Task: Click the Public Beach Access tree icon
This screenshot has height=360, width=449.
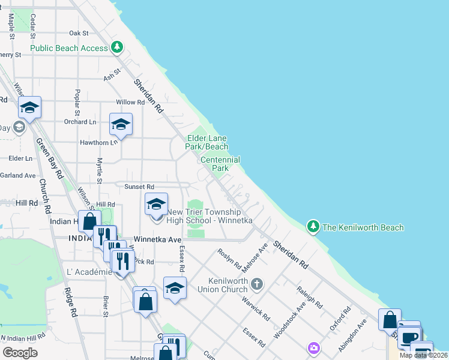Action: click(118, 47)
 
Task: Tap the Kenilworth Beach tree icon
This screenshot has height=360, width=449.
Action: click(312, 227)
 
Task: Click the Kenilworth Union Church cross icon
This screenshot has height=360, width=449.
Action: click(257, 283)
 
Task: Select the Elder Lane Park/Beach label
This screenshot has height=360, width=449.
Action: click(207, 142)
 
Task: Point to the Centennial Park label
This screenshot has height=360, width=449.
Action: click(220, 164)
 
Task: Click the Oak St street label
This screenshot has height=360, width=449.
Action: click(79, 33)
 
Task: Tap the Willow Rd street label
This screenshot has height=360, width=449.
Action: click(130, 102)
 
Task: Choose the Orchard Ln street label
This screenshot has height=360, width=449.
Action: click(80, 121)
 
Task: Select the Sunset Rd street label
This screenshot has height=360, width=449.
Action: click(139, 187)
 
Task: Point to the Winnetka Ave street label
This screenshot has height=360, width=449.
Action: click(157, 239)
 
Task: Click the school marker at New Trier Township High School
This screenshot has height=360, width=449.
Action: click(156, 205)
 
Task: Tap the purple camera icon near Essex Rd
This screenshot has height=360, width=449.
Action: click(313, 347)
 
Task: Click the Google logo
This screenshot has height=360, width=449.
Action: click(20, 353)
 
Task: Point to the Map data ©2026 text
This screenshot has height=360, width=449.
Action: click(423, 355)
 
